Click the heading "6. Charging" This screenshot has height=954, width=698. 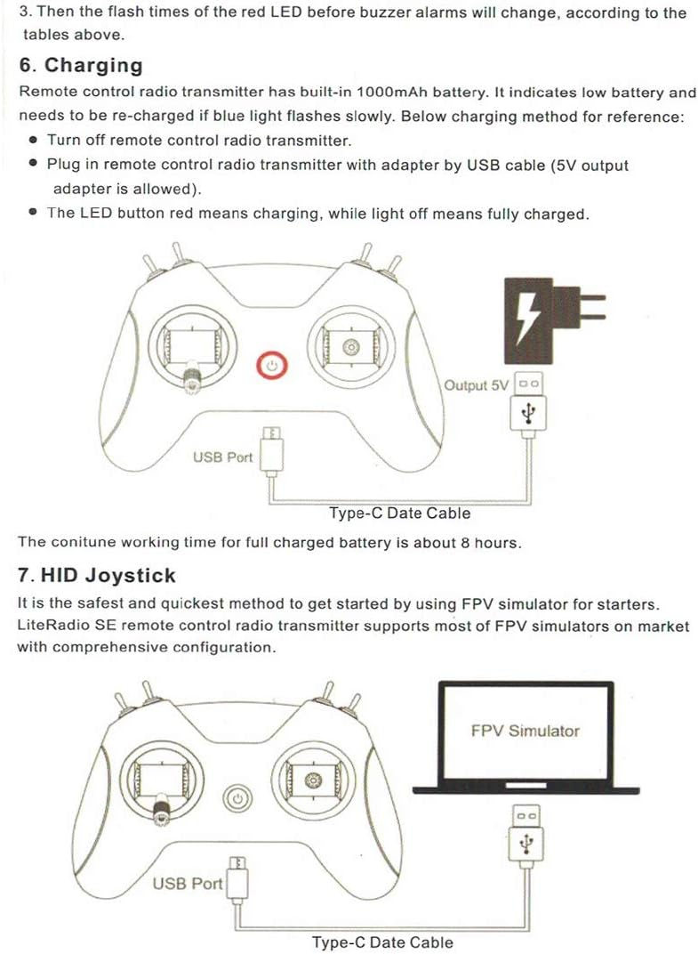81,66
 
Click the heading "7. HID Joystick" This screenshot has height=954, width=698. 97,576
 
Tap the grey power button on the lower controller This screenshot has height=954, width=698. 237,799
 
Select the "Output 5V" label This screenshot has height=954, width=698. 477,385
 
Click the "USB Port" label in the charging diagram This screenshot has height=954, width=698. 222,457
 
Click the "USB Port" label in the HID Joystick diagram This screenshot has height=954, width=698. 188,884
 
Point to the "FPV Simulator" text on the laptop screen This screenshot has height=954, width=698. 525,731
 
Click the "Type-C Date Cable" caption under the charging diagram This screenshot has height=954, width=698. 399,513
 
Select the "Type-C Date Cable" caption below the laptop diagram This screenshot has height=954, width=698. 382,942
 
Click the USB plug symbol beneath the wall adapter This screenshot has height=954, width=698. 529,411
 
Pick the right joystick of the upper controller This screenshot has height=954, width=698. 349,346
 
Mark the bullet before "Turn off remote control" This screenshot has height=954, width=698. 33,141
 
